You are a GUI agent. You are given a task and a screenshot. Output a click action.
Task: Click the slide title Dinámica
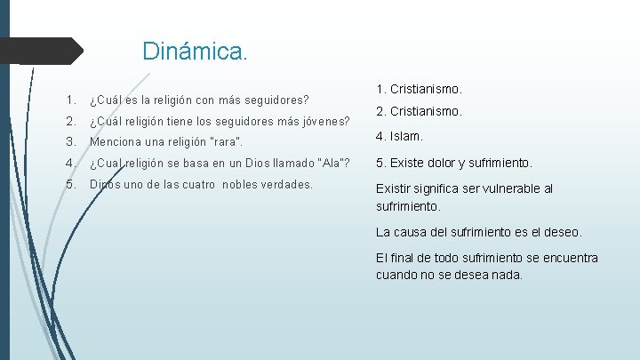[x=196, y=51]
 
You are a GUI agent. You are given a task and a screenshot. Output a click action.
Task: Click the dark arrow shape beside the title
[x=44, y=51]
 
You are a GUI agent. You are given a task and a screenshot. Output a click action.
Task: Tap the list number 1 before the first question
[x=68, y=99]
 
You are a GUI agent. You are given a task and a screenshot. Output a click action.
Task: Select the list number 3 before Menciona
[x=68, y=142]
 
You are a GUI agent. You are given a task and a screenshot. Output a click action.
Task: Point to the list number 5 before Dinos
[x=68, y=185]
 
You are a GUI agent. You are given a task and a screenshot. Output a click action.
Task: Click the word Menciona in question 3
[x=117, y=142]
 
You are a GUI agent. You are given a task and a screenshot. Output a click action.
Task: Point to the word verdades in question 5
[x=284, y=185]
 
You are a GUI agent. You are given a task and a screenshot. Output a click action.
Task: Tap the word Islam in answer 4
[x=408, y=138]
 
